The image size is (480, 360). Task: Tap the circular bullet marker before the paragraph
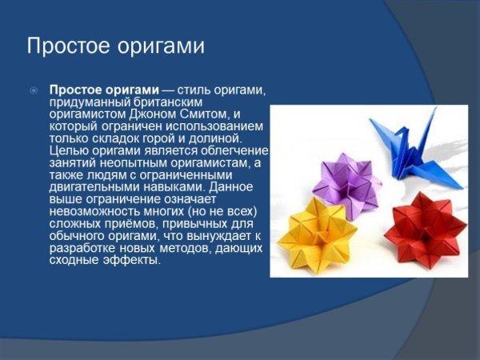pos(34,91)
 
